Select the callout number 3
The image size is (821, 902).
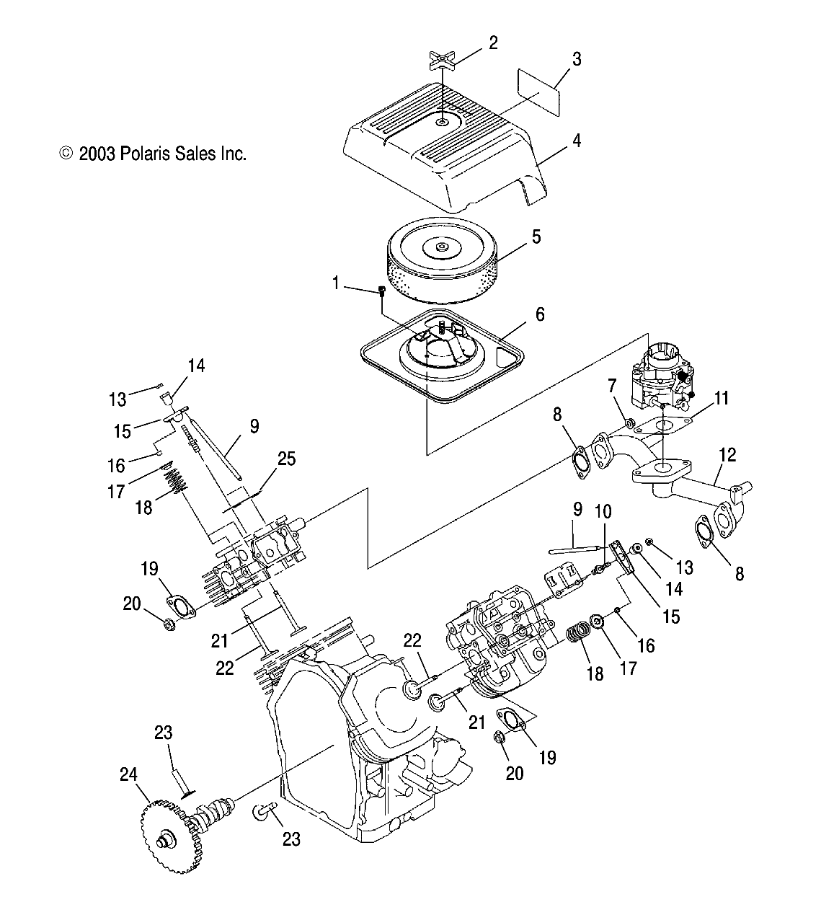coord(577,59)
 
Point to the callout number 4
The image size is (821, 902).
coord(577,141)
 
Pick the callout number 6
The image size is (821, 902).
coord(540,314)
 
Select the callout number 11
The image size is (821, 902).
coord(722,398)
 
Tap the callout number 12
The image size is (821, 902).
coord(727,455)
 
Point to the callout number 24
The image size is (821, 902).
coord(128,774)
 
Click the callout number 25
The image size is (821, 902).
coord(286,459)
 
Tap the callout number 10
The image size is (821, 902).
coord(603,511)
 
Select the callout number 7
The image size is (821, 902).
coord(611,385)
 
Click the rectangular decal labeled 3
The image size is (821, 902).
coord(538,92)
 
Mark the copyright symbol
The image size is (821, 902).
coord(66,154)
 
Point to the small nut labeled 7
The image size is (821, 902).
coord(631,423)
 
